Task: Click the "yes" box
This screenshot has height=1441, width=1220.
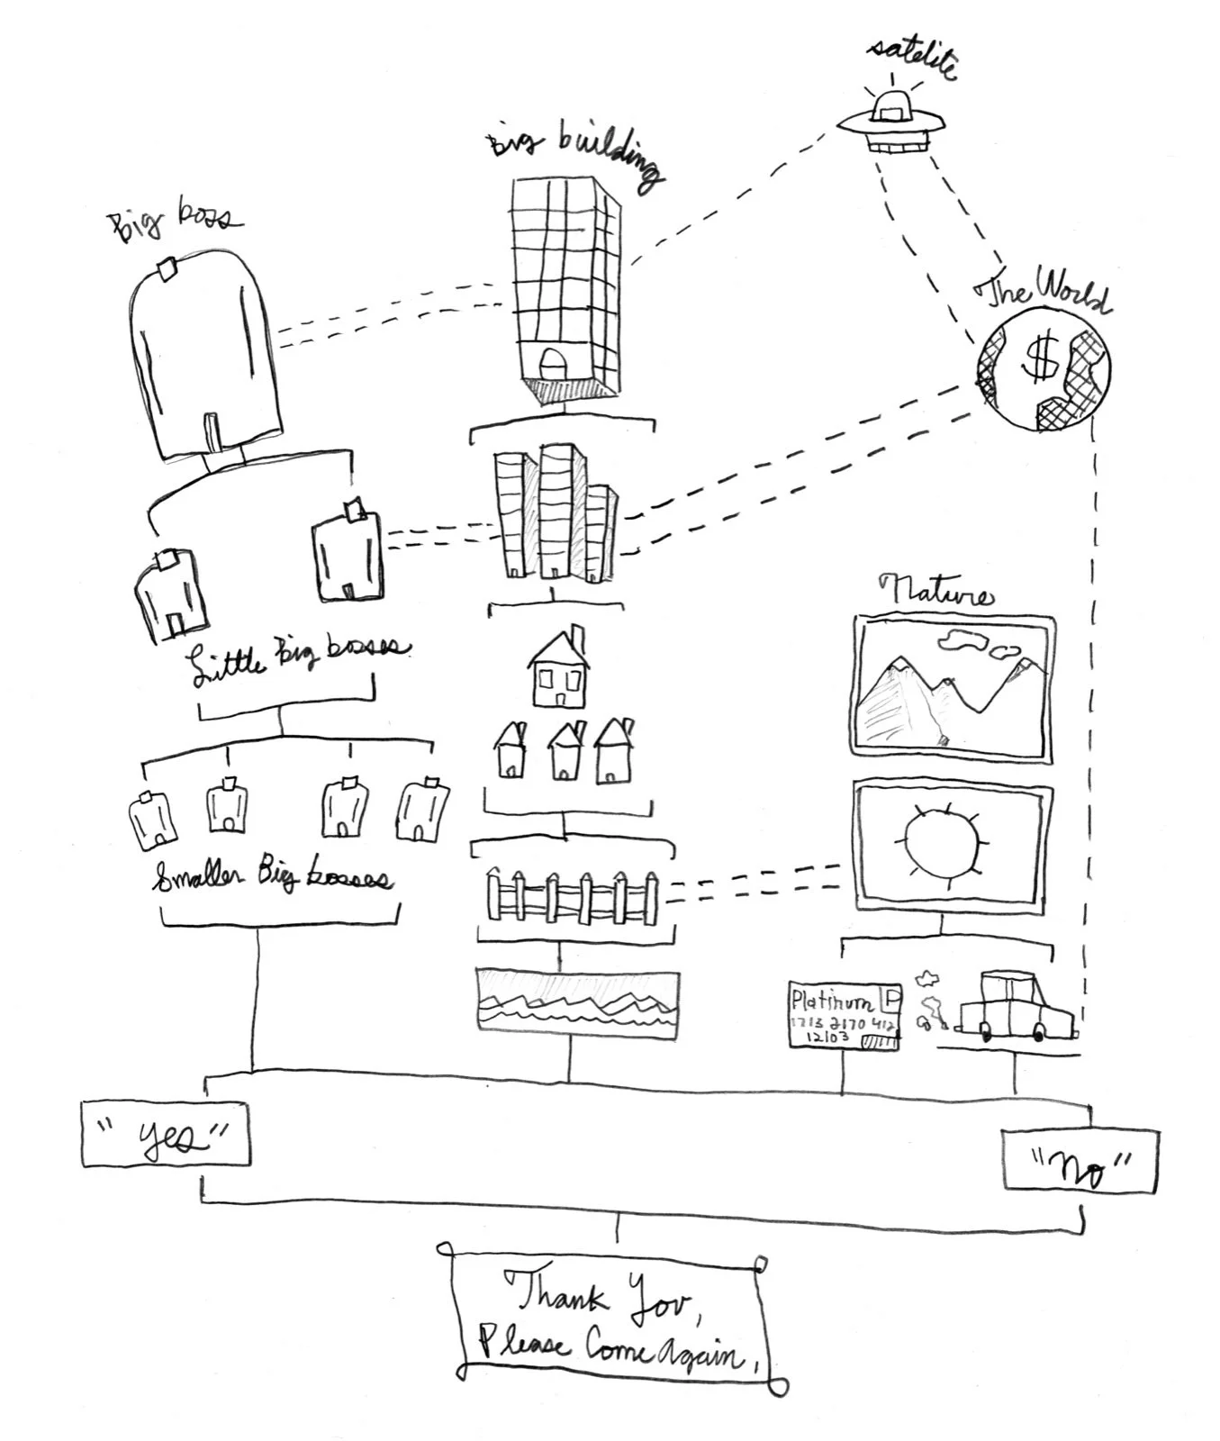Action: pos(166,1133)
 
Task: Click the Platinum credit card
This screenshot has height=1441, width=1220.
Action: pos(844,1014)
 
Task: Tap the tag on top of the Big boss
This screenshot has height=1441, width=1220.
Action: pos(166,269)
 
